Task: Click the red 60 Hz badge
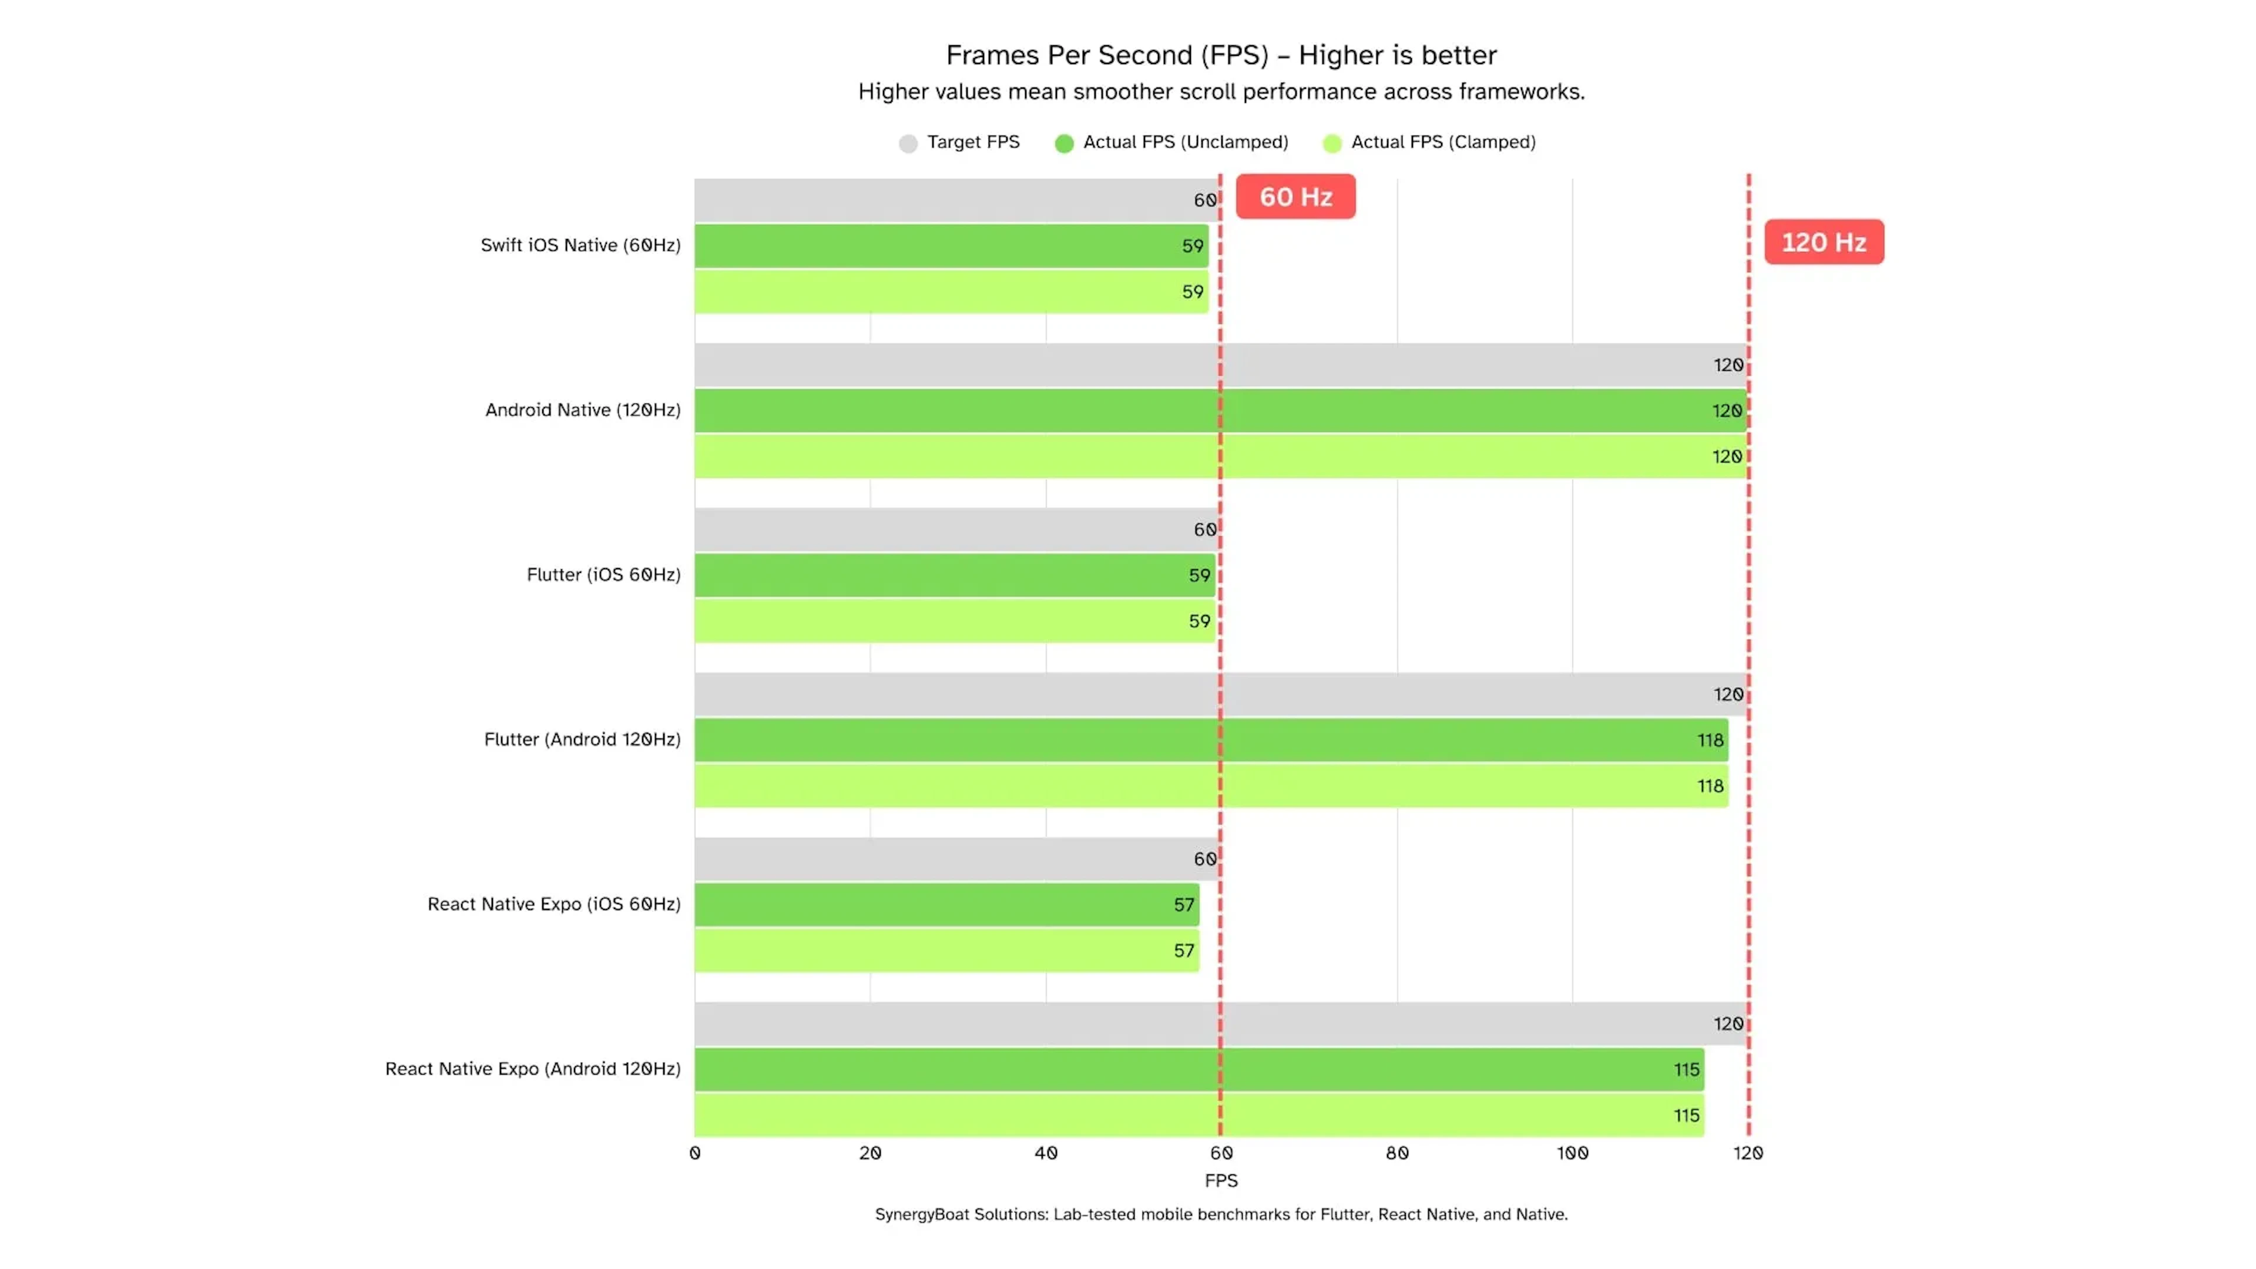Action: click(x=1295, y=197)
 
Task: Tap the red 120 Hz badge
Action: click(x=1824, y=243)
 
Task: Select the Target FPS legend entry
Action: click(x=960, y=143)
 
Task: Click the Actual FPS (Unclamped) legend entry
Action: click(x=1172, y=143)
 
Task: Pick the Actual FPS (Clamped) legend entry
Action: click(x=1429, y=143)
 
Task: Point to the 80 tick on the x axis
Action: click(x=1397, y=1153)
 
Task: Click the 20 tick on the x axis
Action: click(x=869, y=1153)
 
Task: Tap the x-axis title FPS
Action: click(x=1221, y=1180)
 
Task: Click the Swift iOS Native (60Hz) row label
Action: click(x=580, y=245)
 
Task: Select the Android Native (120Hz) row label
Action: click(x=582, y=410)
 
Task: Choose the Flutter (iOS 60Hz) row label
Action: click(x=603, y=575)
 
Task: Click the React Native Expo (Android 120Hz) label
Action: click(x=532, y=1069)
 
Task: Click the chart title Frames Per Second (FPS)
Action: click(x=1221, y=55)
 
